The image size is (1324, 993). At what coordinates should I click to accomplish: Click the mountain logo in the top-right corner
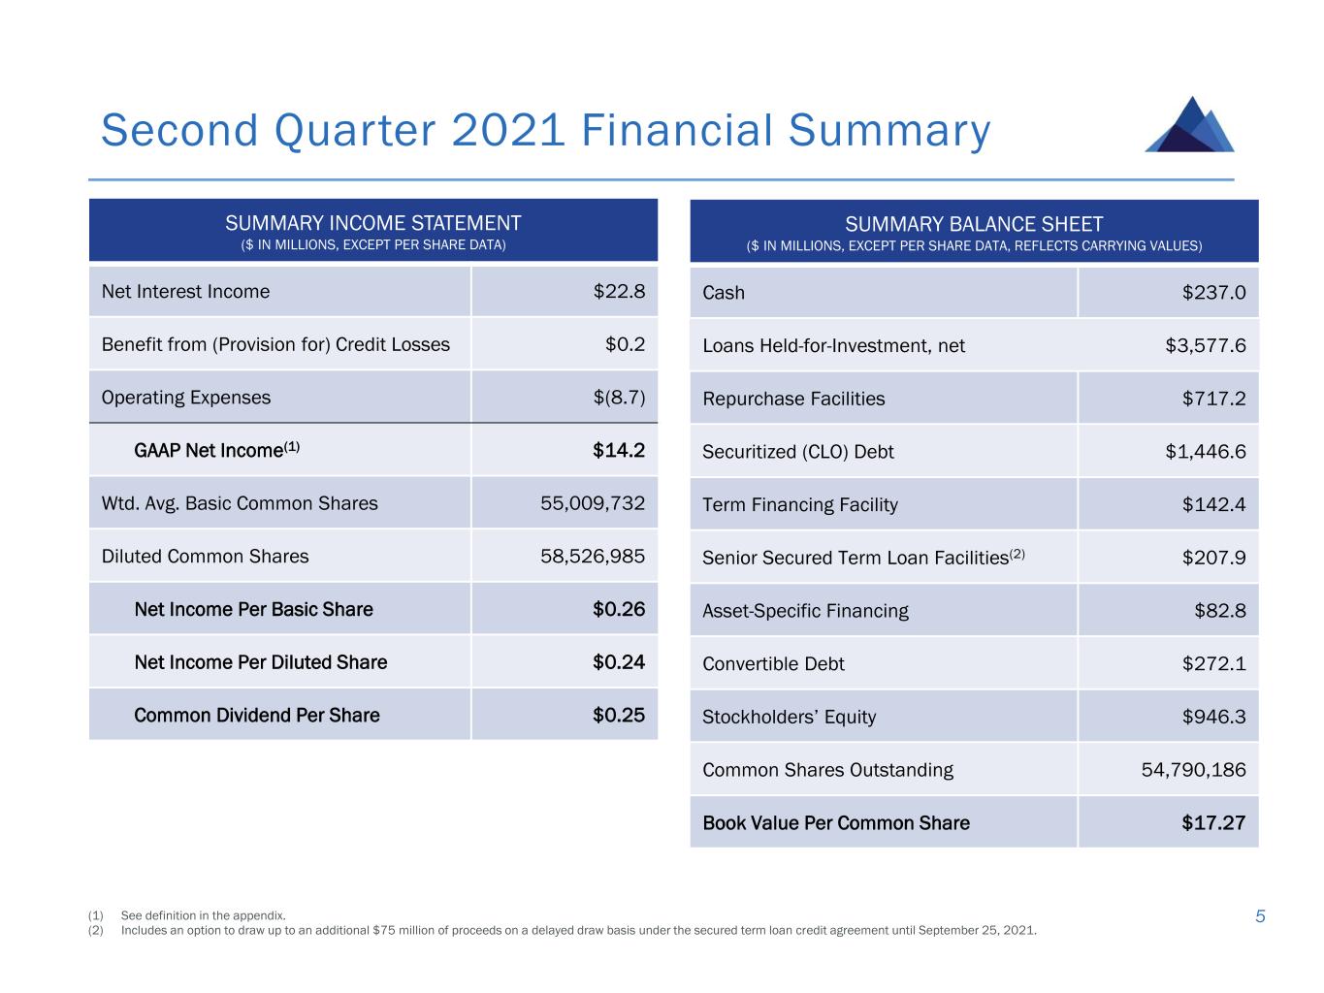pyautogui.click(x=1189, y=125)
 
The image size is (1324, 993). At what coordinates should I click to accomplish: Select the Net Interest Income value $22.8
pyautogui.click(x=619, y=292)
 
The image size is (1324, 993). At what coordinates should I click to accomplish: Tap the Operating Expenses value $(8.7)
pyautogui.click(x=618, y=398)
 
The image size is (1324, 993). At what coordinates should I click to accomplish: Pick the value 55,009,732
pyautogui.click(x=593, y=503)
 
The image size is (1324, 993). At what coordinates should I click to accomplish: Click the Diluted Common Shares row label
pyautogui.click(x=205, y=557)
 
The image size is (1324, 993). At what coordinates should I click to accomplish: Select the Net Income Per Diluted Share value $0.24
pyautogui.click(x=619, y=662)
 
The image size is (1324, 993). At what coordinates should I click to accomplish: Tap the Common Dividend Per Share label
pyautogui.click(x=256, y=716)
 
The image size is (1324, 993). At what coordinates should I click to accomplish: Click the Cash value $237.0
pyautogui.click(x=1213, y=293)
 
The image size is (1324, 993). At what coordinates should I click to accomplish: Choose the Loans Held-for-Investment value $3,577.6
pyautogui.click(x=1206, y=346)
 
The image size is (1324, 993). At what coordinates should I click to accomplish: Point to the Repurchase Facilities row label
pyautogui.click(x=793, y=399)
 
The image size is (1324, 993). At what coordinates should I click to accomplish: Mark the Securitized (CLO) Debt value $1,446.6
pyautogui.click(x=1206, y=452)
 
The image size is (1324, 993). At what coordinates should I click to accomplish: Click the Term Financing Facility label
pyautogui.click(x=800, y=505)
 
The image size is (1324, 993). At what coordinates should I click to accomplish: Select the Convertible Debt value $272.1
pyautogui.click(x=1213, y=664)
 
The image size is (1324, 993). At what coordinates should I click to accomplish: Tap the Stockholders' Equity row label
pyautogui.click(x=789, y=718)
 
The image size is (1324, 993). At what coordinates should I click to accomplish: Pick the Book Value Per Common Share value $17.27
pyautogui.click(x=1213, y=823)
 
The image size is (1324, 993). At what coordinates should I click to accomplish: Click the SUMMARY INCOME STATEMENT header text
pyautogui.click(x=373, y=223)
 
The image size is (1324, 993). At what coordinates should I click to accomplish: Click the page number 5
pyautogui.click(x=1260, y=916)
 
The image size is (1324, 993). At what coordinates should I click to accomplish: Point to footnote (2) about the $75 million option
pyautogui.click(x=578, y=931)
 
